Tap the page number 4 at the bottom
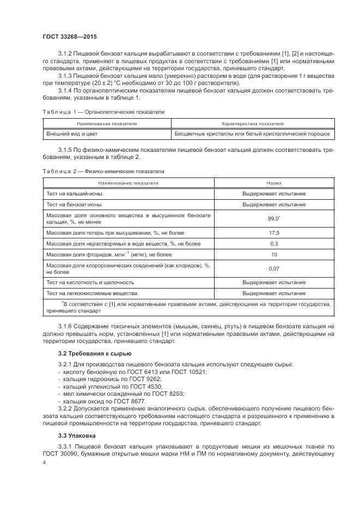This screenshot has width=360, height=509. coord(44,462)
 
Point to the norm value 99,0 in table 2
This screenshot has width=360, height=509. coord(274,218)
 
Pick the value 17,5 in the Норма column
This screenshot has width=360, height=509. coord(274,233)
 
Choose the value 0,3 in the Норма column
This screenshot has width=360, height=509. coord(274,243)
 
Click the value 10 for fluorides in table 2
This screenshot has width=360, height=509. coord(274,254)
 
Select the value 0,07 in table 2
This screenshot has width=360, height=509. coord(274,268)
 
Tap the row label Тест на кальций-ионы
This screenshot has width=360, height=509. coord(74,194)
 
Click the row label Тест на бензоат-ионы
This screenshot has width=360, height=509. coord(74,204)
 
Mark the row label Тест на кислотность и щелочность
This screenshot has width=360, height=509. coord(90,283)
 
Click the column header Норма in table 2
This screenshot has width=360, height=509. coord(274,183)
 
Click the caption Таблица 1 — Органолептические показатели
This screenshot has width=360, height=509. coord(103,112)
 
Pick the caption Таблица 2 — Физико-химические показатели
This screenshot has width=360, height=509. coord(103,171)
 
